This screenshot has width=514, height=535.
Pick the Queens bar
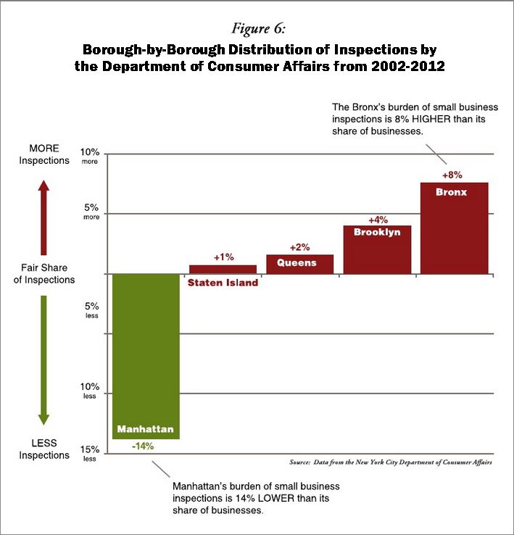[x=299, y=265]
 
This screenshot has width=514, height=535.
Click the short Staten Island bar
[x=223, y=269]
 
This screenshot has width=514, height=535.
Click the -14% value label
[x=143, y=446]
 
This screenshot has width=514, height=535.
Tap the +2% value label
[x=299, y=247]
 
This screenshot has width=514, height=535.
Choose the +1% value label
[x=223, y=257]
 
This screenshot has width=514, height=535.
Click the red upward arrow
[x=43, y=214]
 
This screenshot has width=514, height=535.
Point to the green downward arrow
[x=43, y=359]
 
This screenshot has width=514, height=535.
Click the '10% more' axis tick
[x=90, y=157]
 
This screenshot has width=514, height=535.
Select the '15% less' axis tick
[x=90, y=452]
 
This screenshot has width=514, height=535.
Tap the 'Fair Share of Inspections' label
[x=44, y=273]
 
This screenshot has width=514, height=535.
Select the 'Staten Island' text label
[x=223, y=283]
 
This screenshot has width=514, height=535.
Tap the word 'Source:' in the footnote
[x=299, y=462]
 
